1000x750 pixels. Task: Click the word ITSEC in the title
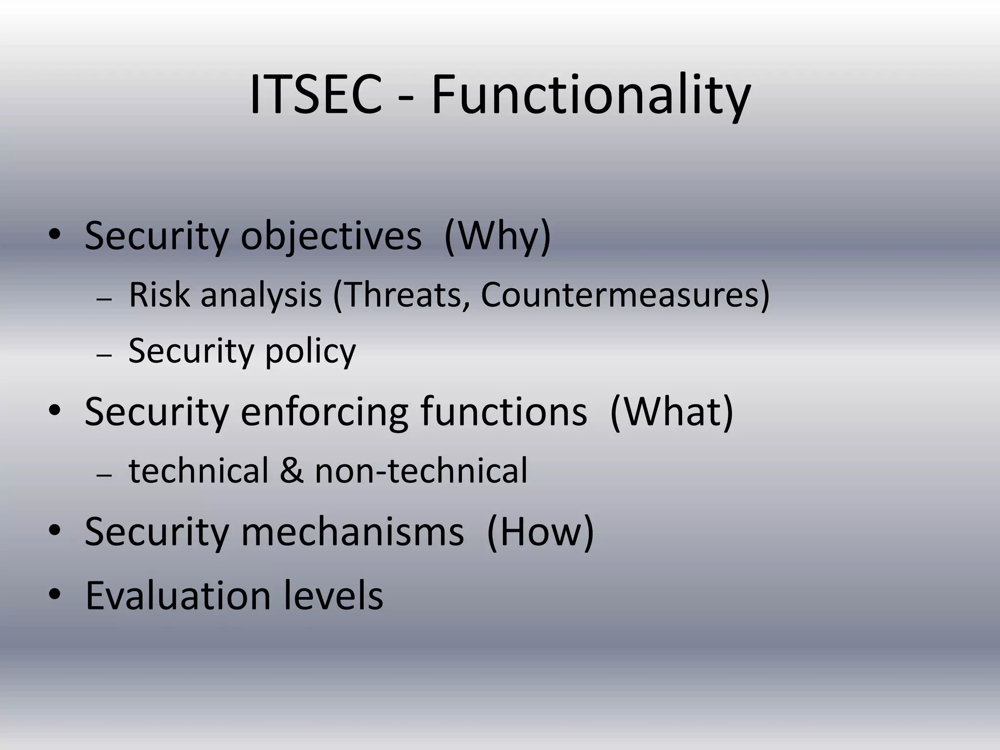315,95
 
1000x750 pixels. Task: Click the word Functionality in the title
591,95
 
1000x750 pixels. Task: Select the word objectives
331,237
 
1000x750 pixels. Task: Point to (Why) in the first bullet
498,237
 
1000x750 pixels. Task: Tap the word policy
311,352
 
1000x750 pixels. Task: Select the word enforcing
324,413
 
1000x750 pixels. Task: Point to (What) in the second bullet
671,413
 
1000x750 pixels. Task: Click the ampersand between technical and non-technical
292,471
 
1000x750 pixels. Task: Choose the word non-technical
421,471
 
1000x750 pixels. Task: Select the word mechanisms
352,532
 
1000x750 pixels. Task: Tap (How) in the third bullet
540,532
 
